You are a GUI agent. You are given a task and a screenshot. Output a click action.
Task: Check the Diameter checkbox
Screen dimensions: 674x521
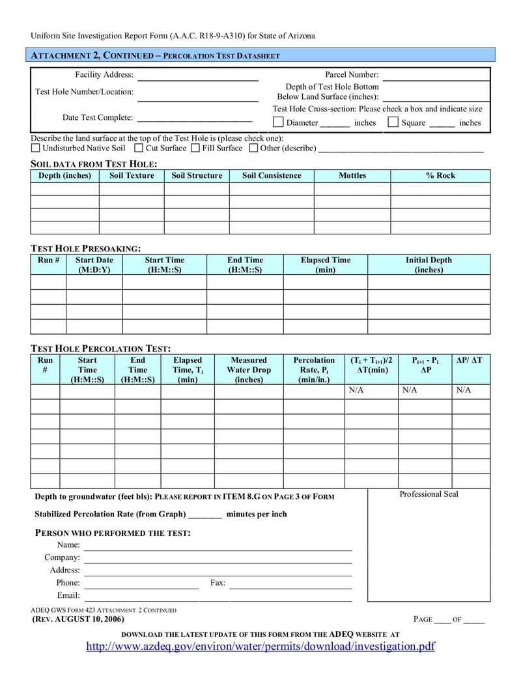[x=278, y=122]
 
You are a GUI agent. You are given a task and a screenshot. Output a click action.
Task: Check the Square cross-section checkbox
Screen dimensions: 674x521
[x=393, y=122]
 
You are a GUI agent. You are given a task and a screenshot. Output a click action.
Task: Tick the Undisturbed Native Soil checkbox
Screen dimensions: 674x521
[x=36, y=148]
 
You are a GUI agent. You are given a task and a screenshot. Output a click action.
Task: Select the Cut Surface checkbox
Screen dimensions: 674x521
[x=139, y=148]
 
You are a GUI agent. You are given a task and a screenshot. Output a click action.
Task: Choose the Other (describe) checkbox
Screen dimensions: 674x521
[x=253, y=148]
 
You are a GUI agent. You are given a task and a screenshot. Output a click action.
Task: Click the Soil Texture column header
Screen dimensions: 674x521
[x=132, y=176]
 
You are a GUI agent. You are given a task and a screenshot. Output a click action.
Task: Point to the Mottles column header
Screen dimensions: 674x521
[x=352, y=176]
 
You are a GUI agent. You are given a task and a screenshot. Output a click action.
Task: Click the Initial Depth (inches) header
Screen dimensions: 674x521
[x=429, y=264]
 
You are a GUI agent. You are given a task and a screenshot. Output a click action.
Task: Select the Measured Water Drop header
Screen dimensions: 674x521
[x=249, y=369]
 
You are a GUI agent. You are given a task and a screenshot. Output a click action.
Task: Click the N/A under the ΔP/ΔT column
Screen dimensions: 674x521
[x=463, y=390]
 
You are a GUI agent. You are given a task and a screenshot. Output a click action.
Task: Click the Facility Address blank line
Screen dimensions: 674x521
[x=198, y=78]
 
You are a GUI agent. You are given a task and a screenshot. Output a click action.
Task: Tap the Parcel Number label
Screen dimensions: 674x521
[x=352, y=75]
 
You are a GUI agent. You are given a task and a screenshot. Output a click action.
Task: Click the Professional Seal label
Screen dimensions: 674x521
[x=429, y=494]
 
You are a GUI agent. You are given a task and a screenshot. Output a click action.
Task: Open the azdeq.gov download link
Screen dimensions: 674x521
[x=260, y=647]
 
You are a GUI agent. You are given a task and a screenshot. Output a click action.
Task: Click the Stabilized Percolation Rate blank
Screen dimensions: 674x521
[x=204, y=516]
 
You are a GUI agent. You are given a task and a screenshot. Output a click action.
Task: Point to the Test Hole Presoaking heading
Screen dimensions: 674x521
[x=85, y=248]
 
